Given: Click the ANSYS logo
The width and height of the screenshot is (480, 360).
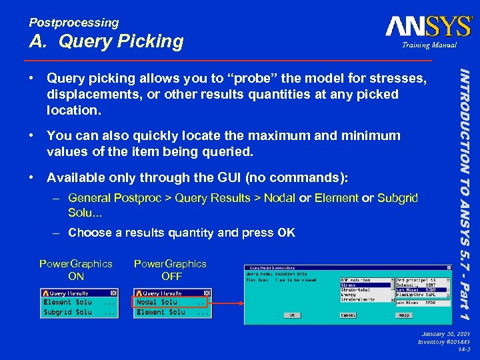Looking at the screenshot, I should pyautogui.click(x=428, y=27).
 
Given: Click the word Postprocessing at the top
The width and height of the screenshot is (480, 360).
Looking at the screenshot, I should pyautogui.click(x=74, y=23).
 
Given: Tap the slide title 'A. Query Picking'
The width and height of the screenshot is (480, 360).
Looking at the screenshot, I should pyautogui.click(x=106, y=42).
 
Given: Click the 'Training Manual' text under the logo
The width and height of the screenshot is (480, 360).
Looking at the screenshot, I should pyautogui.click(x=429, y=45).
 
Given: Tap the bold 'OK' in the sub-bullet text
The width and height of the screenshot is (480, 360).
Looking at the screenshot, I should pyautogui.click(x=286, y=233).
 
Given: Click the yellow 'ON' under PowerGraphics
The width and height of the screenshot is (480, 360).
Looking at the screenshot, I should pyautogui.click(x=75, y=276).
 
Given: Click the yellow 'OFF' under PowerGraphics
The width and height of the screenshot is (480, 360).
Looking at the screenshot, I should pyautogui.click(x=171, y=276).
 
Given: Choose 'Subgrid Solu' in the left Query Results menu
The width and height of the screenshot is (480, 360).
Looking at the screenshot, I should pyautogui.click(x=68, y=312).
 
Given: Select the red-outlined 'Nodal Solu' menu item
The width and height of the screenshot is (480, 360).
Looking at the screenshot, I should pyautogui.click(x=161, y=302).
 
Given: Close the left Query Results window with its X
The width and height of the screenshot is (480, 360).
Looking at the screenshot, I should pyautogui.click(x=113, y=293).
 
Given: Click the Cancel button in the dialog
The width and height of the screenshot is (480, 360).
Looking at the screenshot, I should pyautogui.click(x=348, y=315).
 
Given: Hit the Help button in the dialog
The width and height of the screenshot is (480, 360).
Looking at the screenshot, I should pyautogui.click(x=405, y=315).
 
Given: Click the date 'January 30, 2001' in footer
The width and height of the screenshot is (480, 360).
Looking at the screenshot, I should pyautogui.click(x=445, y=333).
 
